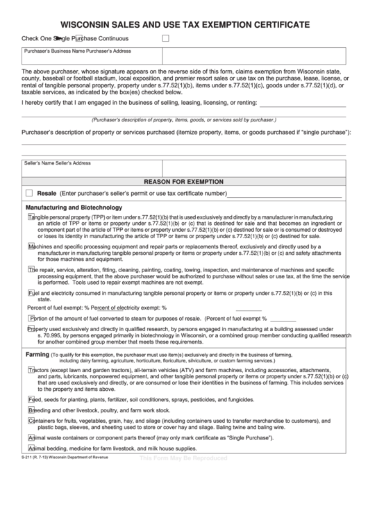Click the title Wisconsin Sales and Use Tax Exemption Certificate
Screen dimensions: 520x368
tap(184, 23)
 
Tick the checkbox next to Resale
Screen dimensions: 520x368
tap(29, 193)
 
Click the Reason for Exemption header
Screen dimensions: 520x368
tap(184, 181)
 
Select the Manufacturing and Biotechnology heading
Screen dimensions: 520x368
tap(74, 208)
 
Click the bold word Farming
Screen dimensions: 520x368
tap(37, 354)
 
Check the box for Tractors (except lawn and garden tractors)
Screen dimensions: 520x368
tap(31, 370)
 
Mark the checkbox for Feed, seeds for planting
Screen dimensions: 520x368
tap(31, 399)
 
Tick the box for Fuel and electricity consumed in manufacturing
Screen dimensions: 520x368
tap(31, 293)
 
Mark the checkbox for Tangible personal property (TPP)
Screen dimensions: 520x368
tap(31, 217)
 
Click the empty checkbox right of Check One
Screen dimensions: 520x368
tap(165, 38)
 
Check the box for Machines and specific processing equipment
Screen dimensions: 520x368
tap(31, 245)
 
